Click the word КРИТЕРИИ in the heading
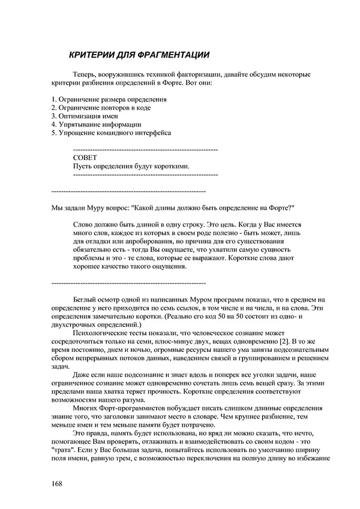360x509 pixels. click(x=89, y=55)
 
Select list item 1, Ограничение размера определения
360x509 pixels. click(x=109, y=99)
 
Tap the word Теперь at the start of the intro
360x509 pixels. click(x=85, y=74)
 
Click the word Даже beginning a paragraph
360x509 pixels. click(x=82, y=374)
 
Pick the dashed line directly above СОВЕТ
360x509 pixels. click(x=145, y=148)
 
